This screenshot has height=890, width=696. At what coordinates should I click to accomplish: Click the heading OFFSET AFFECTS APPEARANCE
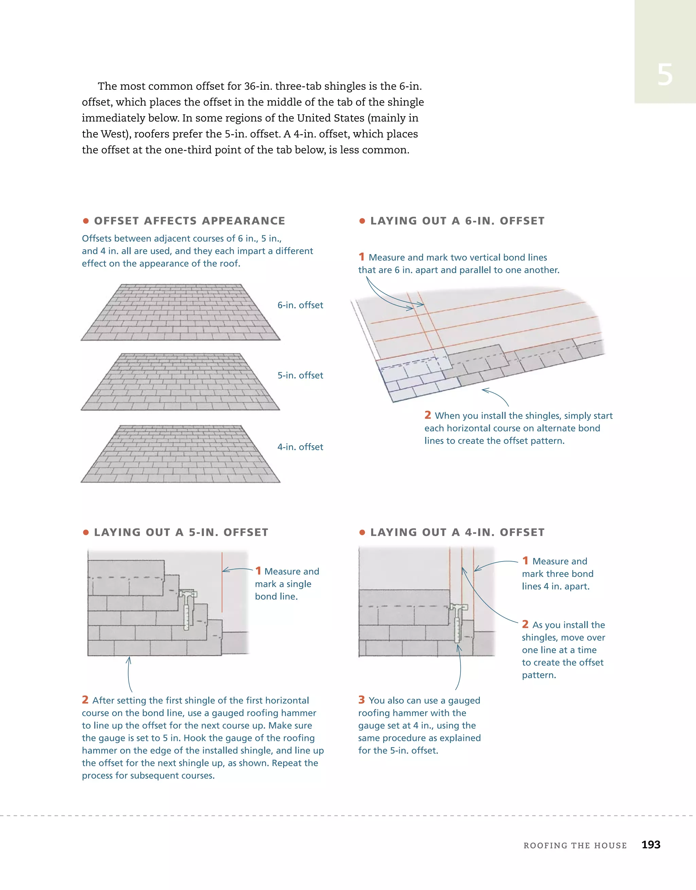189,221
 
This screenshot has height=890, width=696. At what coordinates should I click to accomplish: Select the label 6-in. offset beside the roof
300,305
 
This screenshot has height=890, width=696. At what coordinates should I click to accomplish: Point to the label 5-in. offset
300,375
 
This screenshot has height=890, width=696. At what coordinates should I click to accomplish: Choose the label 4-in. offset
300,447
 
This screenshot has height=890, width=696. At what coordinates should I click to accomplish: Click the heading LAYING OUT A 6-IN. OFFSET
457,221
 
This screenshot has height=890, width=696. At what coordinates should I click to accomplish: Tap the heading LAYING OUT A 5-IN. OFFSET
181,532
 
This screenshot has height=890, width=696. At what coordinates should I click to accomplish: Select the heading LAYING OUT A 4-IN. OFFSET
457,532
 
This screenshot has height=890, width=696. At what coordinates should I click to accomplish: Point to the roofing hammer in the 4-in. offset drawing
457,621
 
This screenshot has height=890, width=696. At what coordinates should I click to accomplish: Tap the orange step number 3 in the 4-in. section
361,700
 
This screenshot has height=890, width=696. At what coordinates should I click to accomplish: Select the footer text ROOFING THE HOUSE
575,845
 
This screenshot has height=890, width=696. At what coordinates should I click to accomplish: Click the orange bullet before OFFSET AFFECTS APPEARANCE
86,221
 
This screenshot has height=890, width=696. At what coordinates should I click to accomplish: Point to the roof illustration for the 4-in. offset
180,455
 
